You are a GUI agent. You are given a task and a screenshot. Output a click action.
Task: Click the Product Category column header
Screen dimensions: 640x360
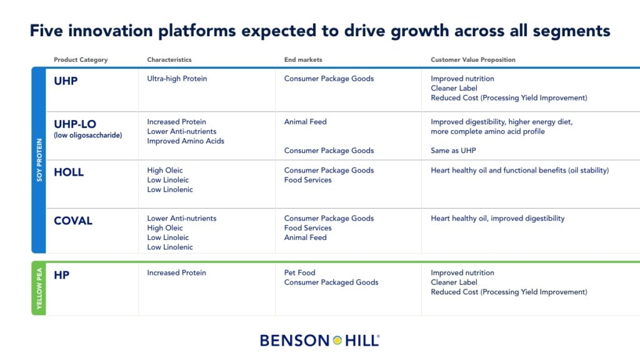point(81,59)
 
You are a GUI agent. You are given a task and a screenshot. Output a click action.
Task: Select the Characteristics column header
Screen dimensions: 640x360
point(169,59)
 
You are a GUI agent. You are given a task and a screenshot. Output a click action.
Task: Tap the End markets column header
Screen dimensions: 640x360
point(303,59)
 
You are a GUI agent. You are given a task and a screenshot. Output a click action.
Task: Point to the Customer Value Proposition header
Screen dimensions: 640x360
point(472,59)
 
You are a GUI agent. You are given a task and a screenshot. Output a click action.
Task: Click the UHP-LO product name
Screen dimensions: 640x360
point(75,124)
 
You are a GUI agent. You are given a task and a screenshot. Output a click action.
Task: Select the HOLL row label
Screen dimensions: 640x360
point(69,172)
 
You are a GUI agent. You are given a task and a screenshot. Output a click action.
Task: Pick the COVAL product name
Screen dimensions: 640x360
point(73,221)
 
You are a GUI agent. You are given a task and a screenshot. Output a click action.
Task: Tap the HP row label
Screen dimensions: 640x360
point(62,275)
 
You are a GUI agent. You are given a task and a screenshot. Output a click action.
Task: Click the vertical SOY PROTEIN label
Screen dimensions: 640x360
point(39,159)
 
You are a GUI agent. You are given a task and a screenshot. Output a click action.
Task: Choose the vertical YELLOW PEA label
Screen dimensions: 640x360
point(39,288)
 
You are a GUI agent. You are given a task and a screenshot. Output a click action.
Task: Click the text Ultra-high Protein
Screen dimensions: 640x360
point(177,79)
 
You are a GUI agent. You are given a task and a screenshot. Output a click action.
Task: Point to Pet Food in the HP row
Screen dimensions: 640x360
point(299,272)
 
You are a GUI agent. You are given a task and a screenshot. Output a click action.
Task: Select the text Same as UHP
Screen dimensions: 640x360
point(453,151)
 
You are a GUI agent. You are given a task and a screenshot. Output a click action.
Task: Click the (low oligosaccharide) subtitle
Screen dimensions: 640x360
point(87,135)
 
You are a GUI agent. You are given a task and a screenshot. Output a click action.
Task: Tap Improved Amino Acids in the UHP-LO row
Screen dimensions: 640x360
point(185,141)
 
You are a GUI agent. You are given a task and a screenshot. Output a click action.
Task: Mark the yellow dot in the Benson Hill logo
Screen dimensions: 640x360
point(337,341)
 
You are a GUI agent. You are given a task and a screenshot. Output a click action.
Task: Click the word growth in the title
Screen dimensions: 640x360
point(420,31)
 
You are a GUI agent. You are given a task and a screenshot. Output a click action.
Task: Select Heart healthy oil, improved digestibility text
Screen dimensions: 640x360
point(497,218)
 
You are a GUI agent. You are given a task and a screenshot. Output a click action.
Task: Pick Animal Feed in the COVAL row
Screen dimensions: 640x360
point(305,237)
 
